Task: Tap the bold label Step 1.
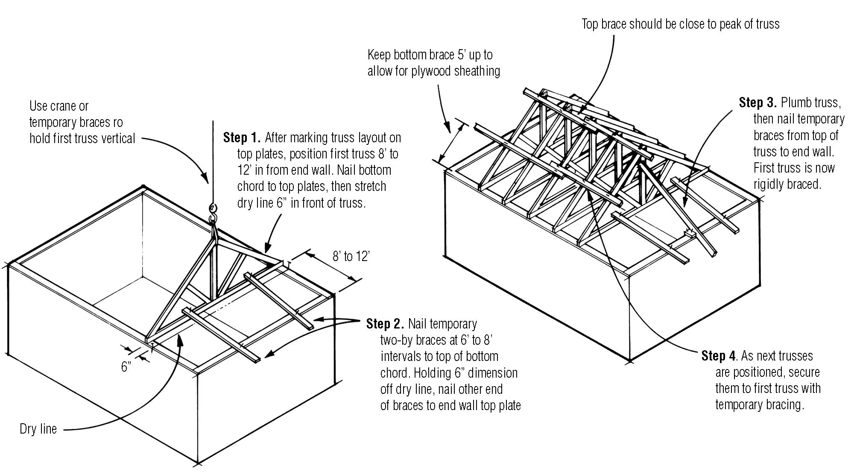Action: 241,138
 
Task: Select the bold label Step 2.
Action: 384,324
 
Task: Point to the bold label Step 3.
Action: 757,103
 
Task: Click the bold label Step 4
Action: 719,356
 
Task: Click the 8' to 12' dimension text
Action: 351,256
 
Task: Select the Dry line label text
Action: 38,429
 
